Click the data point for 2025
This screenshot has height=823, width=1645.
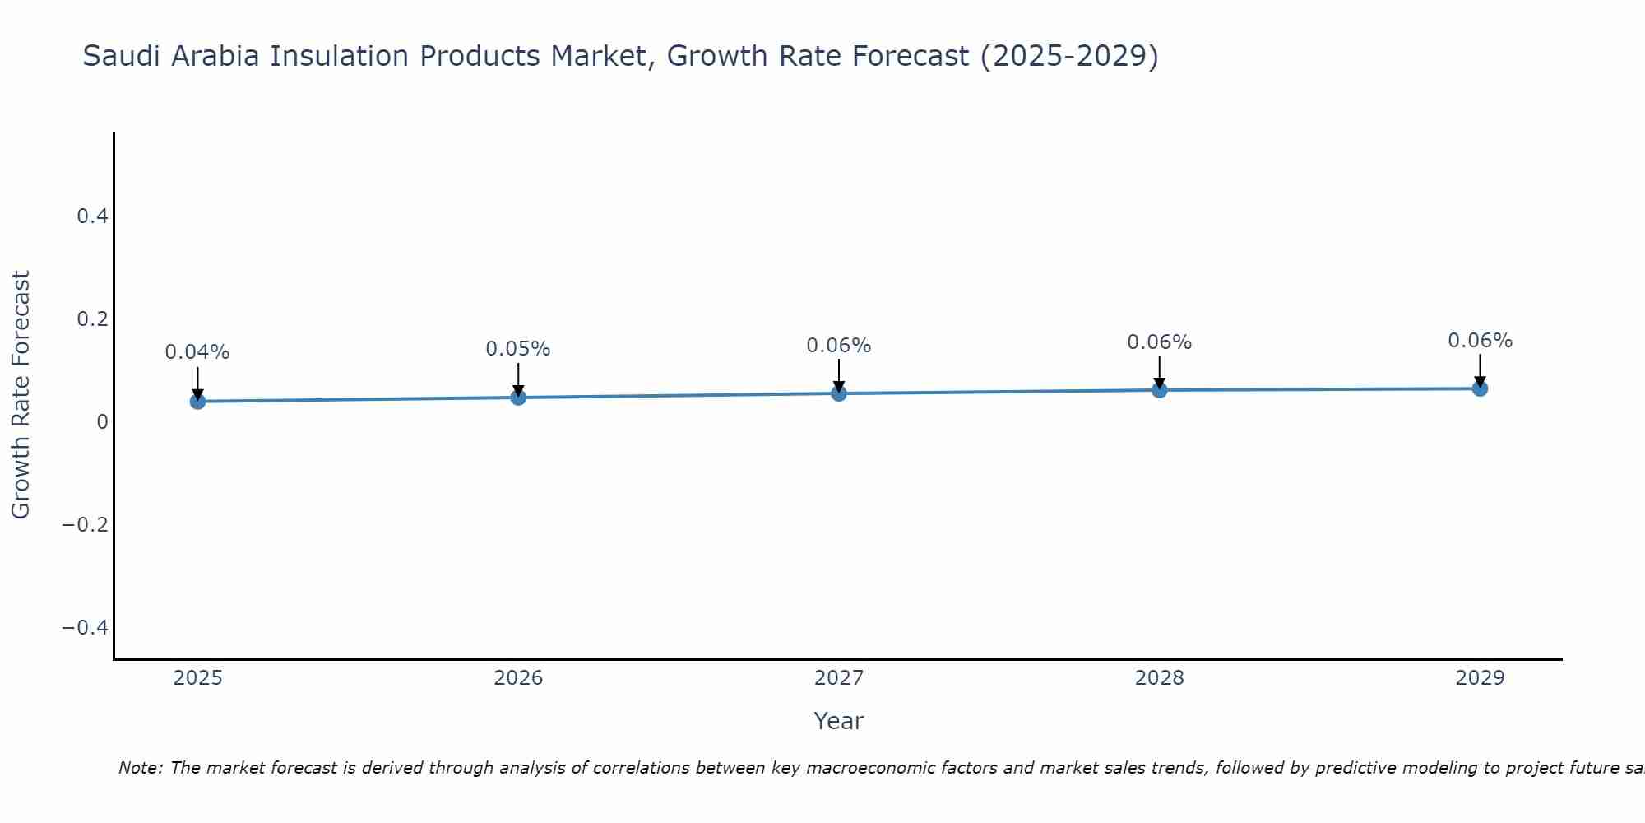point(197,401)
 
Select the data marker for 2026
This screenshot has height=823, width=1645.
point(518,398)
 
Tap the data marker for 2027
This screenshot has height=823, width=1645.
point(839,393)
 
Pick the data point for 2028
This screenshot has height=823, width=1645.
point(1160,390)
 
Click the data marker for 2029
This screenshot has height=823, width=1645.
point(1480,388)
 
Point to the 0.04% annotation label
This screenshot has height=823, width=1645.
point(197,352)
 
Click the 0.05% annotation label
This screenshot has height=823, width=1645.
point(518,349)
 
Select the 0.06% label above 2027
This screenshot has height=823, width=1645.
point(839,346)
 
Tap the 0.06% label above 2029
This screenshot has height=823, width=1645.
point(1480,341)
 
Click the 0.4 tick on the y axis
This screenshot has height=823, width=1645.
point(92,216)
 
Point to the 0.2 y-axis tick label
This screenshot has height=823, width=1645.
point(92,319)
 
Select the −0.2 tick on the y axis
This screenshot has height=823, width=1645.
point(86,525)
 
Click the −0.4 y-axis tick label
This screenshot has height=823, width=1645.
point(86,628)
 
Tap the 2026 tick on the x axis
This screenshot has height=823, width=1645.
point(518,678)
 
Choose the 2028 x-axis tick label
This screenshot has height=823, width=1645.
point(1160,678)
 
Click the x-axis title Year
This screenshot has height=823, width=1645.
point(838,721)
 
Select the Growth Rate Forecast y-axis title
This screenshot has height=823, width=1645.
point(21,394)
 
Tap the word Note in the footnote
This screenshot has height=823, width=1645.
point(141,768)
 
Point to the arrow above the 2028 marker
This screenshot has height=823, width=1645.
point(1160,371)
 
